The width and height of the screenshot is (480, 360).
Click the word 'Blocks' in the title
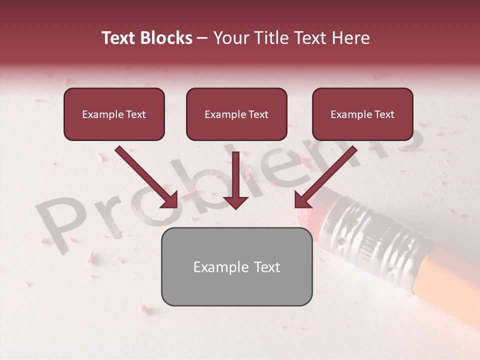pos(167,38)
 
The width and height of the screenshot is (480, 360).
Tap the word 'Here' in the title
pos(351,38)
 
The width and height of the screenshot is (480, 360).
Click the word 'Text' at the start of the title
pos(119,38)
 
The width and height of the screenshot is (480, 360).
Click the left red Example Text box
pos(114,114)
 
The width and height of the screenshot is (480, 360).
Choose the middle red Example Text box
pos(236,114)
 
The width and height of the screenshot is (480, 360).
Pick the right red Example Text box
pos(362,114)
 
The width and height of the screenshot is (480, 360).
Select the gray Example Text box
pos(236,266)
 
